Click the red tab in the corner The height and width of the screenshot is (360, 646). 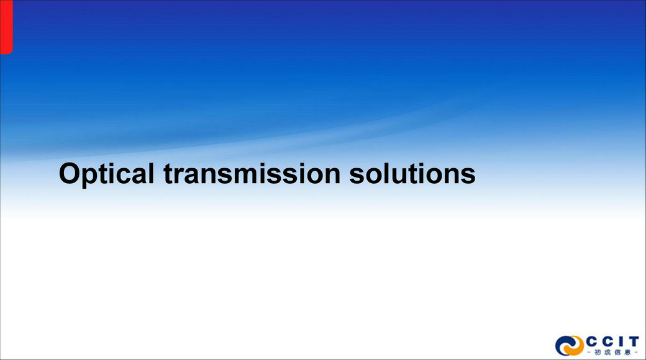tap(6, 26)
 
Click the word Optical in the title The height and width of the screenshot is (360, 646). tap(106, 174)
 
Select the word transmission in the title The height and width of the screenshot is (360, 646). tap(252, 173)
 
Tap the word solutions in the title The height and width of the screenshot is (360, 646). tap(412, 173)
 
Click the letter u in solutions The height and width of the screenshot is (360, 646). tap(402, 176)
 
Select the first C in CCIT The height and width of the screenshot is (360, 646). tap(591, 341)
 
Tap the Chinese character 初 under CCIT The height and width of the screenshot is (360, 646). tap(598, 353)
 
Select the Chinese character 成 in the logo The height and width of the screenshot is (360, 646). tap(607, 353)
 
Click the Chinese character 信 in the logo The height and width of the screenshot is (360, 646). tap(617, 353)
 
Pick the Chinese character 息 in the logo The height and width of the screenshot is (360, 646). tap(627, 353)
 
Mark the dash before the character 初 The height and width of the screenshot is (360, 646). tap(589, 353)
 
